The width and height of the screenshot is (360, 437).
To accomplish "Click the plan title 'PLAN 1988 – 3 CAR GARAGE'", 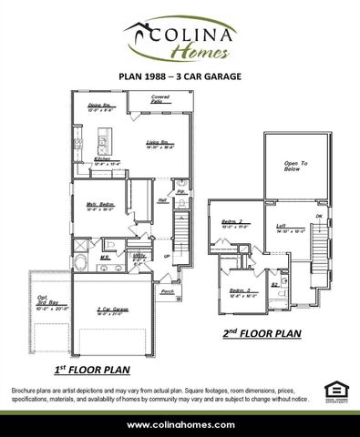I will click(180, 78).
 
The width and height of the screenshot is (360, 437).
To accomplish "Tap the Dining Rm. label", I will click(99, 107).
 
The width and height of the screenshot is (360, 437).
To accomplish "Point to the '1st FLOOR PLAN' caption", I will click(90, 370).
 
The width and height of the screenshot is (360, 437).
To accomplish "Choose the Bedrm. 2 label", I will click(231, 223).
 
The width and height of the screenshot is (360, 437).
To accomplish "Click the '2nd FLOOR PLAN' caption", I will click(263, 334).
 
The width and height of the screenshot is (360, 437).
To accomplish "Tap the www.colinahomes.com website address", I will click(180, 424).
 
